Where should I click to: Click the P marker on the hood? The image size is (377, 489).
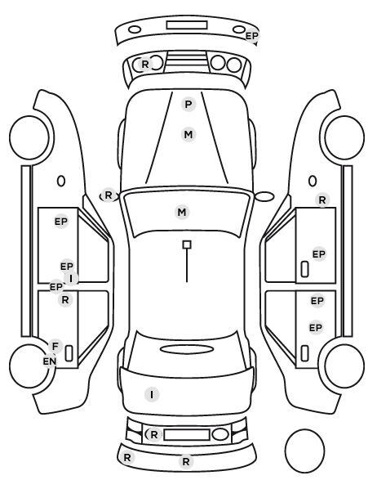188,104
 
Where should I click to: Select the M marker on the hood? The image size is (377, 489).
188,135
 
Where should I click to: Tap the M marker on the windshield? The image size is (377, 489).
182,213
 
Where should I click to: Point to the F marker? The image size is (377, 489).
55,346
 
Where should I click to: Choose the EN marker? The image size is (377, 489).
50,361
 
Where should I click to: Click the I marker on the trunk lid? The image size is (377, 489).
152,395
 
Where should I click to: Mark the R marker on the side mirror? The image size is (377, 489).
108,195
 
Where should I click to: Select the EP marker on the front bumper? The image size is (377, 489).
252,36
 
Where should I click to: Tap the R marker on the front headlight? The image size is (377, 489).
145,65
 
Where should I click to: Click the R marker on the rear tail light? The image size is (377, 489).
153,434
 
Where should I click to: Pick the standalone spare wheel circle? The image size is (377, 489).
304,451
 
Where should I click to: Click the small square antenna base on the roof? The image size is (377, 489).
187,244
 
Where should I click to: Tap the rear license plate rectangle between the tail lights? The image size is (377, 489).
187,434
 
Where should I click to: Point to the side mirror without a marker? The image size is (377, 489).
264,196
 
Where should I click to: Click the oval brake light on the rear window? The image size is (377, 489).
187,349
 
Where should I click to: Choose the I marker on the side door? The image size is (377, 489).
71,278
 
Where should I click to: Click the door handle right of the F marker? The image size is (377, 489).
69,353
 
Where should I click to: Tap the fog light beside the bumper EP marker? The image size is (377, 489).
239,29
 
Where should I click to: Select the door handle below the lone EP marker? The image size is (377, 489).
304,269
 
